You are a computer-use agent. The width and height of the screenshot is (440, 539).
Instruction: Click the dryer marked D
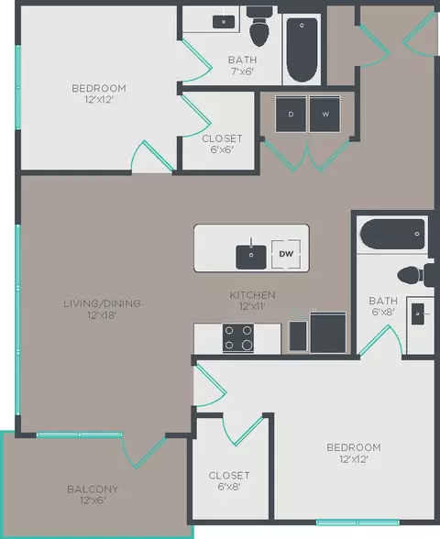[291, 114]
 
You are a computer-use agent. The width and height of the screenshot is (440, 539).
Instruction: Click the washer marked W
[324, 114]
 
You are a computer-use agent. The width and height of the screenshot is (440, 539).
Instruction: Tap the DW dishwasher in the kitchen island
[286, 254]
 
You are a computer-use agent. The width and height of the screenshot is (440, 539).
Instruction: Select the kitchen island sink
[251, 257]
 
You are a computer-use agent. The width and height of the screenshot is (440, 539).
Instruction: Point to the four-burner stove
[238, 338]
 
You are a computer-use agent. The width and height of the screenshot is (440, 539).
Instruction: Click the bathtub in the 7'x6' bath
[302, 49]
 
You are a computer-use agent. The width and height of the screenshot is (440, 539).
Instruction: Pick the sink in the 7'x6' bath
[224, 22]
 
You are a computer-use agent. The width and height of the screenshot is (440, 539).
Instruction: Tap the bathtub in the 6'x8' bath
[392, 234]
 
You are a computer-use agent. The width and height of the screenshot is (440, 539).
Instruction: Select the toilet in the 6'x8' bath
[415, 275]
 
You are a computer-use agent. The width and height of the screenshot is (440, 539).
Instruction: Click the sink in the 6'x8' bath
[418, 313]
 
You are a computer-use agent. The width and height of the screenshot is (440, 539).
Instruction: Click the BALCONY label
[93, 489]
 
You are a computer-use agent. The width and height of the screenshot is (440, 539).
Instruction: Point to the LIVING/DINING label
[102, 303]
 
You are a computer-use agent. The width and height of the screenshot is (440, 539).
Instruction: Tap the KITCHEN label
[252, 295]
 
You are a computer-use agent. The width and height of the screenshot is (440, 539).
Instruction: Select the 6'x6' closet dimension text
[222, 149]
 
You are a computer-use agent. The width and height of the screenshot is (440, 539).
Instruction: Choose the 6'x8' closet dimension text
[229, 487]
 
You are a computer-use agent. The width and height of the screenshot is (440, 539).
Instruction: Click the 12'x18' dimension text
[102, 315]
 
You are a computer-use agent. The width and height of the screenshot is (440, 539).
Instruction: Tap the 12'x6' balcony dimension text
[93, 500]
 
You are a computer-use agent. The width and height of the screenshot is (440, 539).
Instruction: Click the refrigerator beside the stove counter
[328, 333]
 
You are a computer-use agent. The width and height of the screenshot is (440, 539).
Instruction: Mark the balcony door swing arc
[128, 454]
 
